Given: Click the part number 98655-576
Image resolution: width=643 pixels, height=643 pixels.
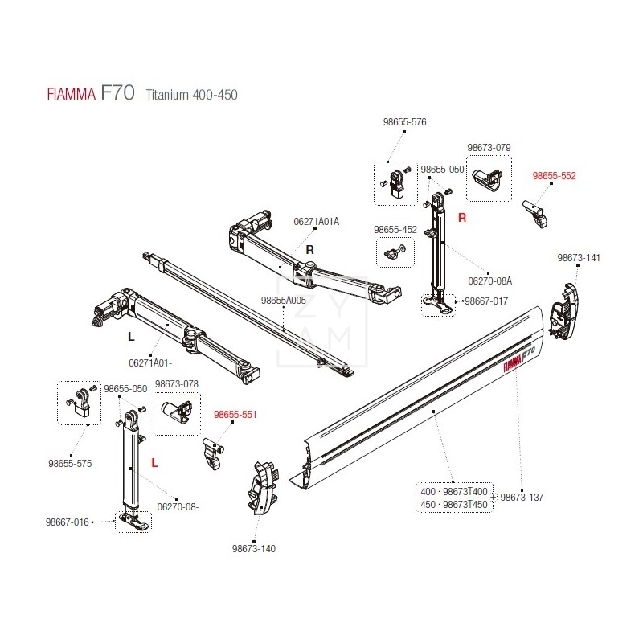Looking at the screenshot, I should point(404,122).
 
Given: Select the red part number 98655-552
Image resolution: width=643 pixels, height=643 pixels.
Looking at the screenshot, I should point(555,175).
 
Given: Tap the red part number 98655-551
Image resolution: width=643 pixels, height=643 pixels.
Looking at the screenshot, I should point(235,415).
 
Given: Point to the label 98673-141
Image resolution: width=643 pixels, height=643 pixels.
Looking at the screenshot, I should point(579,258).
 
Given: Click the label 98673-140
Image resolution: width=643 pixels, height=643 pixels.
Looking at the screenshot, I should point(254,549).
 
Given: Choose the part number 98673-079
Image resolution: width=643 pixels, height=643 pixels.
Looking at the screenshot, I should point(489,148).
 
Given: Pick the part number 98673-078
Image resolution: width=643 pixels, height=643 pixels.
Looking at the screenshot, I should point(176,385).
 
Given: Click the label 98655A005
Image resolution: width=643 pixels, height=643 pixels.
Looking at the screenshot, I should point(284,301).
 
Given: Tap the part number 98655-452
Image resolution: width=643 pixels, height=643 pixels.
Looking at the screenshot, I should point(395,230).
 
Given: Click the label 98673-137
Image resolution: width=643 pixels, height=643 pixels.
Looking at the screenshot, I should point(522,498).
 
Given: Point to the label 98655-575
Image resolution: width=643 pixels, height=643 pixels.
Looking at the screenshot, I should point(70,464).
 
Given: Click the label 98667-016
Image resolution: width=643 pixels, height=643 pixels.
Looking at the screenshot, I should point(68,522).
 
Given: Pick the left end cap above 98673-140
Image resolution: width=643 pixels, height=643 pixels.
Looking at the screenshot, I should point(263,488).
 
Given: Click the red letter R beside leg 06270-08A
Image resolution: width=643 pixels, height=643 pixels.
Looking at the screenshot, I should point(462,217).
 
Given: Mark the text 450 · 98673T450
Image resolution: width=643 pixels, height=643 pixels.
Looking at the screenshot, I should point(453,504).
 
